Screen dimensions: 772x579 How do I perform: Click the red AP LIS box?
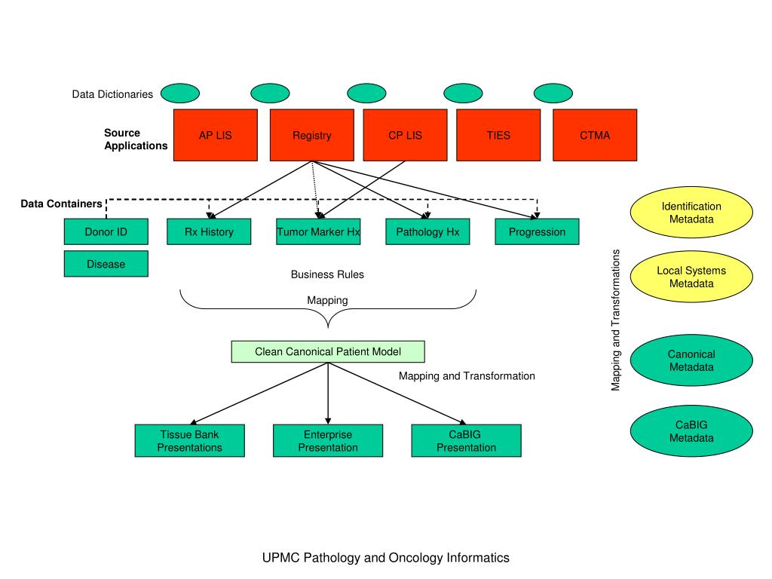tap(216, 135)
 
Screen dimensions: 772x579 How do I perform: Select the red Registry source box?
tap(312, 135)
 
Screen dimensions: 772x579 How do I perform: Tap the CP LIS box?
tap(405, 135)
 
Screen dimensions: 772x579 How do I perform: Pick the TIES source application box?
tap(498, 135)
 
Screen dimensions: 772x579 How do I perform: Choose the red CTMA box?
tap(595, 135)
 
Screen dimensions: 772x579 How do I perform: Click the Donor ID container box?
tap(106, 231)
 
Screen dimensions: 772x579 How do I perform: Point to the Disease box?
tap(106, 264)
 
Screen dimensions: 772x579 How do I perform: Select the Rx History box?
tap(209, 231)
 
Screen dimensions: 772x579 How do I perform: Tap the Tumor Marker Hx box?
tap(318, 231)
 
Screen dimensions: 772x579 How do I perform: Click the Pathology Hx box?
tap(427, 231)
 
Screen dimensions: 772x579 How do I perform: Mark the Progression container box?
tap(537, 231)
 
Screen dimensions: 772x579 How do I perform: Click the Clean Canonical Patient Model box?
tap(328, 351)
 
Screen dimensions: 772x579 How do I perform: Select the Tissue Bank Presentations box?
tap(189, 440)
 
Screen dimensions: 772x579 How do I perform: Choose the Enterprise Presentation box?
tap(328, 440)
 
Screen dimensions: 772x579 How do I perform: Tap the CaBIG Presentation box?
tap(466, 440)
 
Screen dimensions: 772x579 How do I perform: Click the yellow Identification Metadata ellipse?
tap(691, 212)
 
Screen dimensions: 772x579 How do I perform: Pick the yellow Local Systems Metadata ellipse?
tap(691, 277)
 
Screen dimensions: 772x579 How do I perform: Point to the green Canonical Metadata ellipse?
tap(691, 360)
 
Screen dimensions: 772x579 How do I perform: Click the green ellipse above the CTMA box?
tap(553, 93)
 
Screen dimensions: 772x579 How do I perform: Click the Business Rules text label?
tap(327, 274)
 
